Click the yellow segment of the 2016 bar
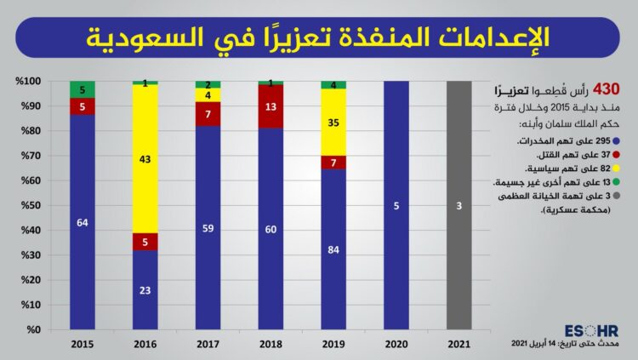click(145, 158)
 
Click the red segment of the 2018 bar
click(271, 106)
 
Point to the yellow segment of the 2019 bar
click(333, 122)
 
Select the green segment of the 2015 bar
click(83, 89)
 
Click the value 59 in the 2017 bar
click(208, 228)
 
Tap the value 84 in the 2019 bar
click(333, 249)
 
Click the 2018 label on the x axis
click(271, 345)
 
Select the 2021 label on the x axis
click(459, 345)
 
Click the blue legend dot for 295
click(617, 140)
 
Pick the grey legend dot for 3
click(617, 197)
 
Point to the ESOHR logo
click(590, 330)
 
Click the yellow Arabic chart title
click(318, 37)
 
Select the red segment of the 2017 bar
click(208, 114)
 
